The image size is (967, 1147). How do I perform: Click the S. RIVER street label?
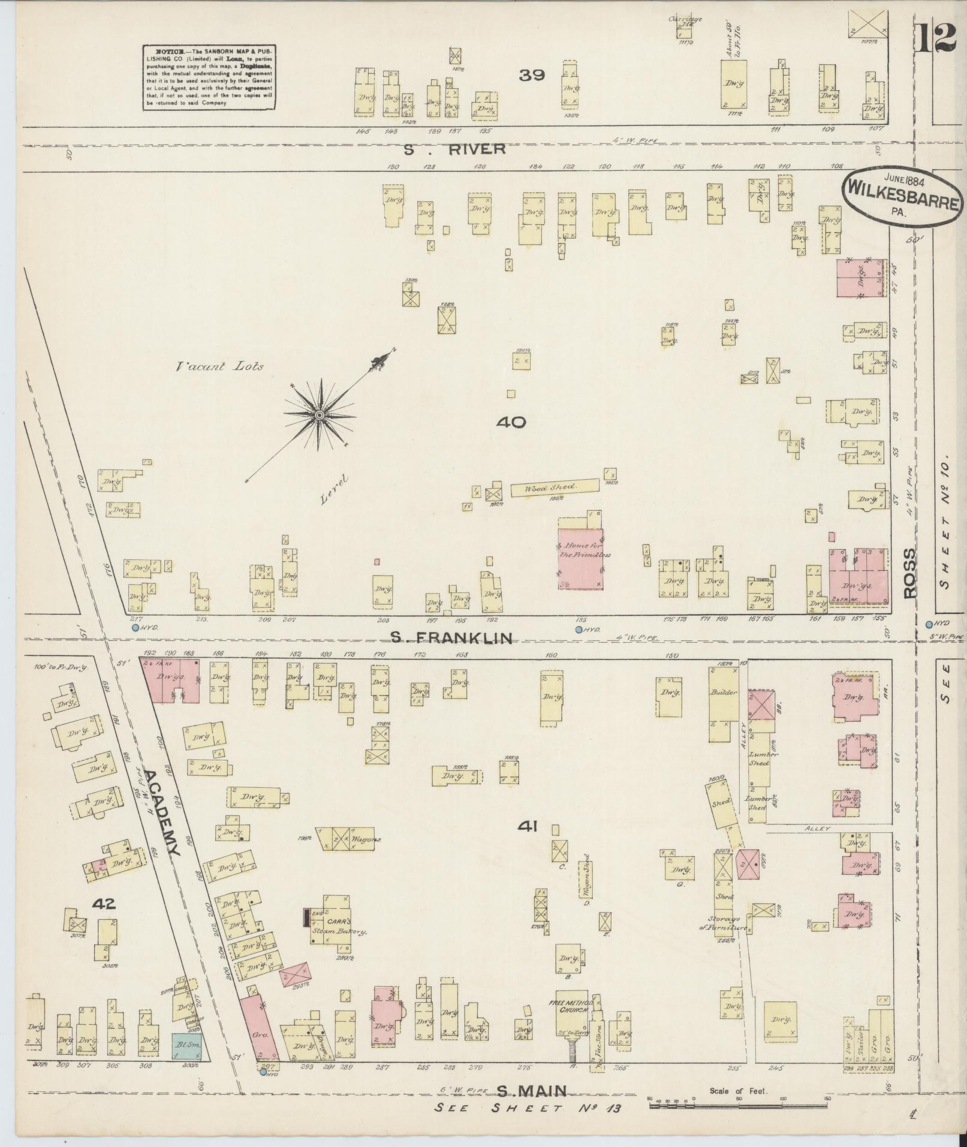(x=453, y=149)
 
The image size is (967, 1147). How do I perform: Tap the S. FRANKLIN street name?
(x=452, y=638)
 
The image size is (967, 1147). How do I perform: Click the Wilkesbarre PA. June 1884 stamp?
(x=904, y=198)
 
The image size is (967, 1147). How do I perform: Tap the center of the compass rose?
(x=320, y=416)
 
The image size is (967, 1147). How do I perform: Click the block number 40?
(x=511, y=422)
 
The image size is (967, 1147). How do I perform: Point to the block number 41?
(x=528, y=827)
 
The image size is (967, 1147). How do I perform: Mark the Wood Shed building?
(x=555, y=487)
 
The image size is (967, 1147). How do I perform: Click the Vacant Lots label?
(x=219, y=366)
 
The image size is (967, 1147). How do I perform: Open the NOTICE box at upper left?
(x=209, y=77)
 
